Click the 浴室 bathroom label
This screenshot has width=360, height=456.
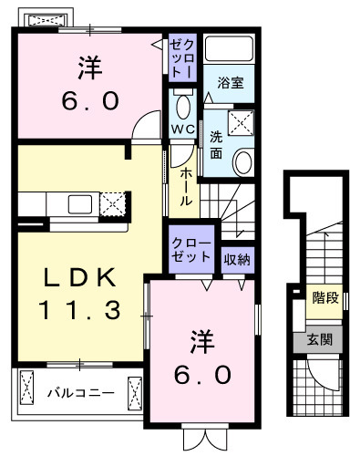click(x=229, y=83)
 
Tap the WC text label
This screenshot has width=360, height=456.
click(x=182, y=130)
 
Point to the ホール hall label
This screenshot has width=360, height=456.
click(x=185, y=186)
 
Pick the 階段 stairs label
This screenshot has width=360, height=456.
click(x=324, y=297)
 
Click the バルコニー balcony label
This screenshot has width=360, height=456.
click(x=81, y=394)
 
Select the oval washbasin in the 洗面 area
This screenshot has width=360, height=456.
click(x=243, y=162)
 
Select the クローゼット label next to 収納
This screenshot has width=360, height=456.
click(x=191, y=250)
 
